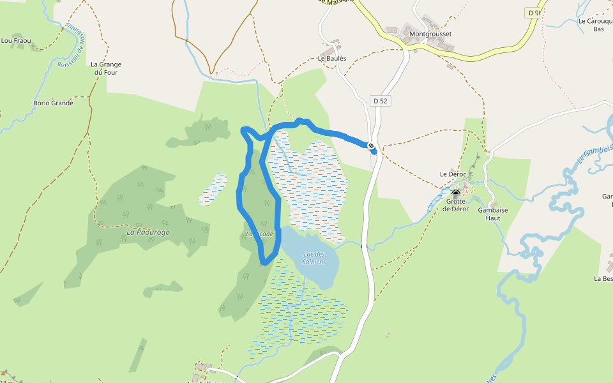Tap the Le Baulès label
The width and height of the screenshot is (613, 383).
tap(332, 58)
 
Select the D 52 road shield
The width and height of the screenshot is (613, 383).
tap(379, 101)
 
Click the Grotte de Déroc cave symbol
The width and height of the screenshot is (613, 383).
tap(456, 193)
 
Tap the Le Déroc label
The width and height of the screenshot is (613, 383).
tap(453, 174)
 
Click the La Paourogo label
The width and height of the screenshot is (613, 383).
tap(148, 232)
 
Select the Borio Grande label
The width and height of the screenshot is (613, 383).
tap(53, 103)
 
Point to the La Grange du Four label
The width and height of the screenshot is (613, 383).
tap(106, 68)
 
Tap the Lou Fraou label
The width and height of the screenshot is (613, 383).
tap(16, 41)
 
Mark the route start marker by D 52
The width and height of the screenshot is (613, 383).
tap(371, 146)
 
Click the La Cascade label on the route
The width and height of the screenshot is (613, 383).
tap(259, 234)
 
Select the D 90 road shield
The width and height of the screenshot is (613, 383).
tap(535, 13)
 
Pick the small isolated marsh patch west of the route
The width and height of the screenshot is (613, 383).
tap(213, 190)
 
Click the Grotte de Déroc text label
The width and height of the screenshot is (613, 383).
tap(457, 205)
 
